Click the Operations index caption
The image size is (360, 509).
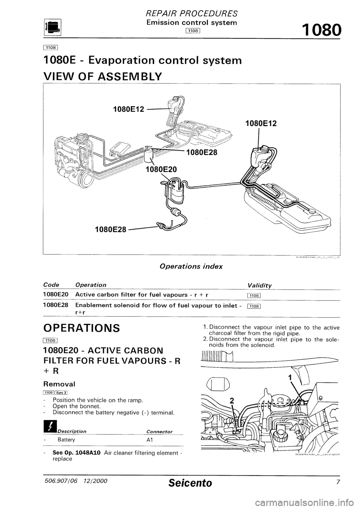click(191, 266)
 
